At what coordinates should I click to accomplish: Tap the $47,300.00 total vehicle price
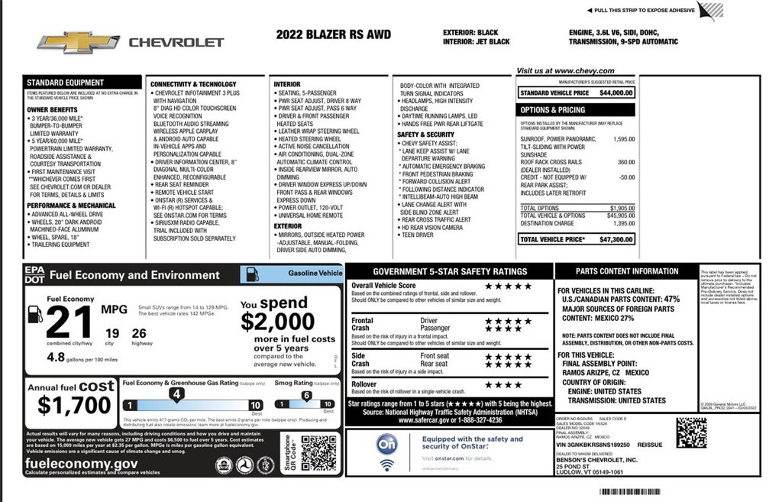click(616, 239)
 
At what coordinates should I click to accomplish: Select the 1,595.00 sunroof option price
click(623, 139)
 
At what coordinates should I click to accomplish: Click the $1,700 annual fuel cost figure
click(74, 405)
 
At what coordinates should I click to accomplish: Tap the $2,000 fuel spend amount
click(278, 321)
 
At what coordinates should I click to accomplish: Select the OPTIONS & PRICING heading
click(552, 110)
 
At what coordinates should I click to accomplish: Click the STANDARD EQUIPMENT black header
click(66, 83)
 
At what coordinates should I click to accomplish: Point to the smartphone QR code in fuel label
click(318, 452)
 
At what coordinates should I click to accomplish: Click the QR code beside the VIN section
click(690, 432)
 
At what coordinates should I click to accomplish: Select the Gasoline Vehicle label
click(315, 273)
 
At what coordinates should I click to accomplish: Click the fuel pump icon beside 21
click(34, 313)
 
